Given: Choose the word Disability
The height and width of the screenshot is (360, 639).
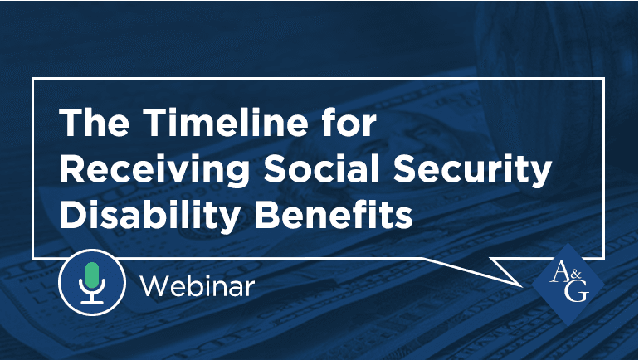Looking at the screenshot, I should pyautogui.click(x=143, y=215).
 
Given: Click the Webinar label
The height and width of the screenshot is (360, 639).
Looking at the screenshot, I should pyautogui.click(x=197, y=287).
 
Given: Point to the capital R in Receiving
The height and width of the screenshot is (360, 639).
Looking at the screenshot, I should pyautogui.click(x=74, y=170).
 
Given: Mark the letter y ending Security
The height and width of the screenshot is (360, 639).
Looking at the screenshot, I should pyautogui.click(x=540, y=174).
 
